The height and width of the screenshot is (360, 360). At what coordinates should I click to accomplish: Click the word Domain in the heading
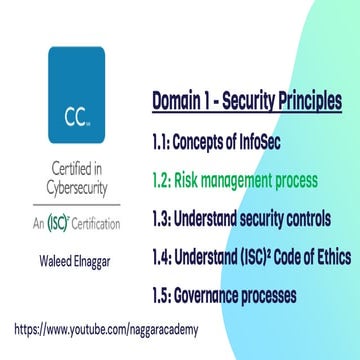point(179,101)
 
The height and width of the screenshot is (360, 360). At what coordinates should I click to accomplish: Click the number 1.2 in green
point(164,182)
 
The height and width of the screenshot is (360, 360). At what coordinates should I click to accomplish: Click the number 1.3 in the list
point(164,222)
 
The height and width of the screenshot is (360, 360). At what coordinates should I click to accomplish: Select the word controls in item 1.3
point(316,222)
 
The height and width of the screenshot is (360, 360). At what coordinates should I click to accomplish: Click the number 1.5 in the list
point(164,297)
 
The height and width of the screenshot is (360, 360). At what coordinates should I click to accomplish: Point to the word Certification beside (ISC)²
point(97,222)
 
